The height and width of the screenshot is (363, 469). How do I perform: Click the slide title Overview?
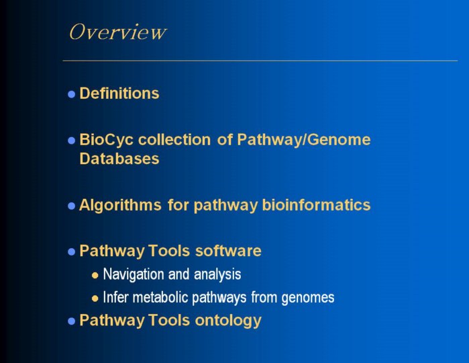click(x=117, y=32)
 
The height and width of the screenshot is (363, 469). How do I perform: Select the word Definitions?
click(x=119, y=93)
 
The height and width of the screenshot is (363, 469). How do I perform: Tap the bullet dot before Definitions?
click(x=72, y=94)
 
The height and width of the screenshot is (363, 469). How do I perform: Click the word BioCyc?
click(x=106, y=140)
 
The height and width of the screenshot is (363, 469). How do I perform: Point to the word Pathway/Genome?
click(x=304, y=140)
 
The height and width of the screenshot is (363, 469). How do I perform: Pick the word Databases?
click(x=119, y=159)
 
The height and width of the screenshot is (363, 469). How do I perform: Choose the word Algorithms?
click(x=120, y=205)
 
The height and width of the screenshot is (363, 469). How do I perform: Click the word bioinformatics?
click(x=316, y=205)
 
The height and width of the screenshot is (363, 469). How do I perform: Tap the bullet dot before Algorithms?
click(x=72, y=206)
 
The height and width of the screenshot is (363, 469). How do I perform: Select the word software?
click(x=228, y=251)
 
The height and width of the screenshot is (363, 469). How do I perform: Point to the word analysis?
click(x=217, y=274)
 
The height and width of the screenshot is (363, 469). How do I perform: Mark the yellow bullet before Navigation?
click(x=95, y=275)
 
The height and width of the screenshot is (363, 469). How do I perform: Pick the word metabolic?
click(x=160, y=297)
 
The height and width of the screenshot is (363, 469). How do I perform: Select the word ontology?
click(x=228, y=321)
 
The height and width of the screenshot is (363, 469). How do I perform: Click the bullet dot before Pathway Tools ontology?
click(x=72, y=321)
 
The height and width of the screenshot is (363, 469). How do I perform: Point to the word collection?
click(x=174, y=140)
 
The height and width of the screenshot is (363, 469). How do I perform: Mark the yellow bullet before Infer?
click(x=95, y=298)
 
